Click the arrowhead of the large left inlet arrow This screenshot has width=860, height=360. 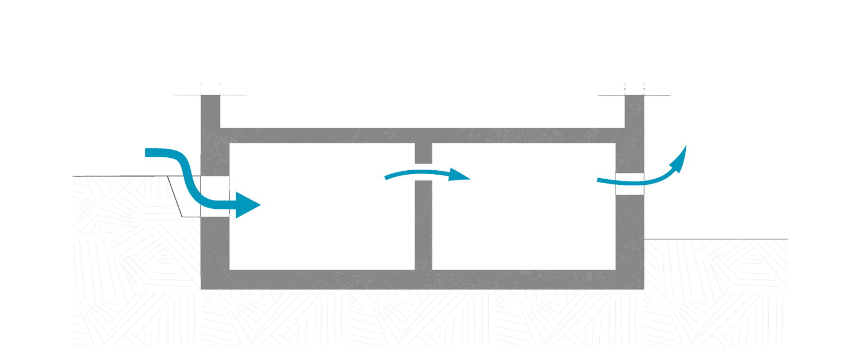pos(249,205)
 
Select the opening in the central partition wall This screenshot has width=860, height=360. pos(423,172)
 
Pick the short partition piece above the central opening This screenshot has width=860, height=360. pos(423,153)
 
